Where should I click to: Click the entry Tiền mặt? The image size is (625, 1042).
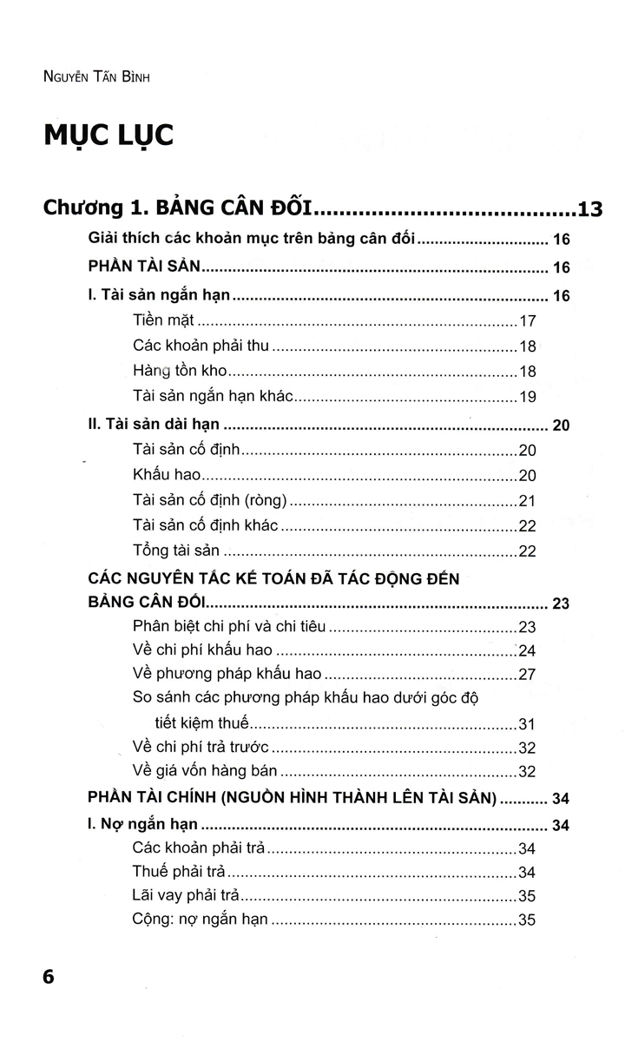[163, 320]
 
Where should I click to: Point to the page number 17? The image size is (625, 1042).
[528, 320]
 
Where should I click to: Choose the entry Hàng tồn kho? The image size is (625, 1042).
[180, 371]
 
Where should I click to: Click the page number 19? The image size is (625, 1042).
[528, 397]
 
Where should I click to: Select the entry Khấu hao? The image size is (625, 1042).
[167, 475]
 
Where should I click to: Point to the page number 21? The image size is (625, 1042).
[528, 501]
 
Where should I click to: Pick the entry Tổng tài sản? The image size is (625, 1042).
[176, 551]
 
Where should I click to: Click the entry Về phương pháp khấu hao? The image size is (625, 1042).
[227, 673]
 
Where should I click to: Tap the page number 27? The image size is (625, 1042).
[528, 674]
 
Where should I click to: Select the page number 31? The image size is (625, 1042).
[528, 723]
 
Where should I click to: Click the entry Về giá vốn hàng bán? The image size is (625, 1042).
[205, 770]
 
